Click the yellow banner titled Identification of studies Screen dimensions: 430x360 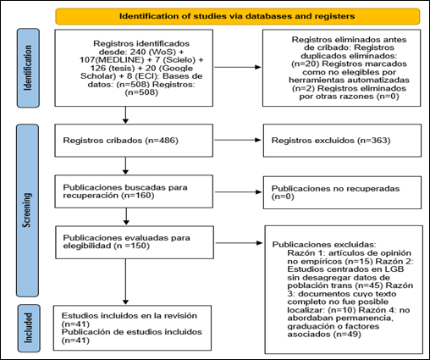point(238,16)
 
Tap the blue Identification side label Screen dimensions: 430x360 point(28,68)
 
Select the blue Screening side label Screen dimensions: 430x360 point(27,210)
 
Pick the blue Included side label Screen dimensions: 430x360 point(29,328)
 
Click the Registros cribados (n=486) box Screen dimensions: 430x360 point(134,141)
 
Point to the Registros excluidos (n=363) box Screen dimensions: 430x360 point(342,141)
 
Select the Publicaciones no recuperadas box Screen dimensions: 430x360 point(342,192)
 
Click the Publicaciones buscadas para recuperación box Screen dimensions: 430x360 point(134,191)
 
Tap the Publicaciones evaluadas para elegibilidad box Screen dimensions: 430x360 point(135,242)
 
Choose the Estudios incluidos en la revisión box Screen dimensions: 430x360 point(132,328)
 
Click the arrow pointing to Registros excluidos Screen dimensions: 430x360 point(238,140)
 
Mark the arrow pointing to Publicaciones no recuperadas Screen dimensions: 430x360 point(239,192)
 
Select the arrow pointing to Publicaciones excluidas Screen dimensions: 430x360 point(240,243)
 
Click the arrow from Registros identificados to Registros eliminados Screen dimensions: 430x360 point(238,67)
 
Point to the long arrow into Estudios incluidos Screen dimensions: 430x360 point(126,281)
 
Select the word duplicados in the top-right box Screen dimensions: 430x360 point(322,56)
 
